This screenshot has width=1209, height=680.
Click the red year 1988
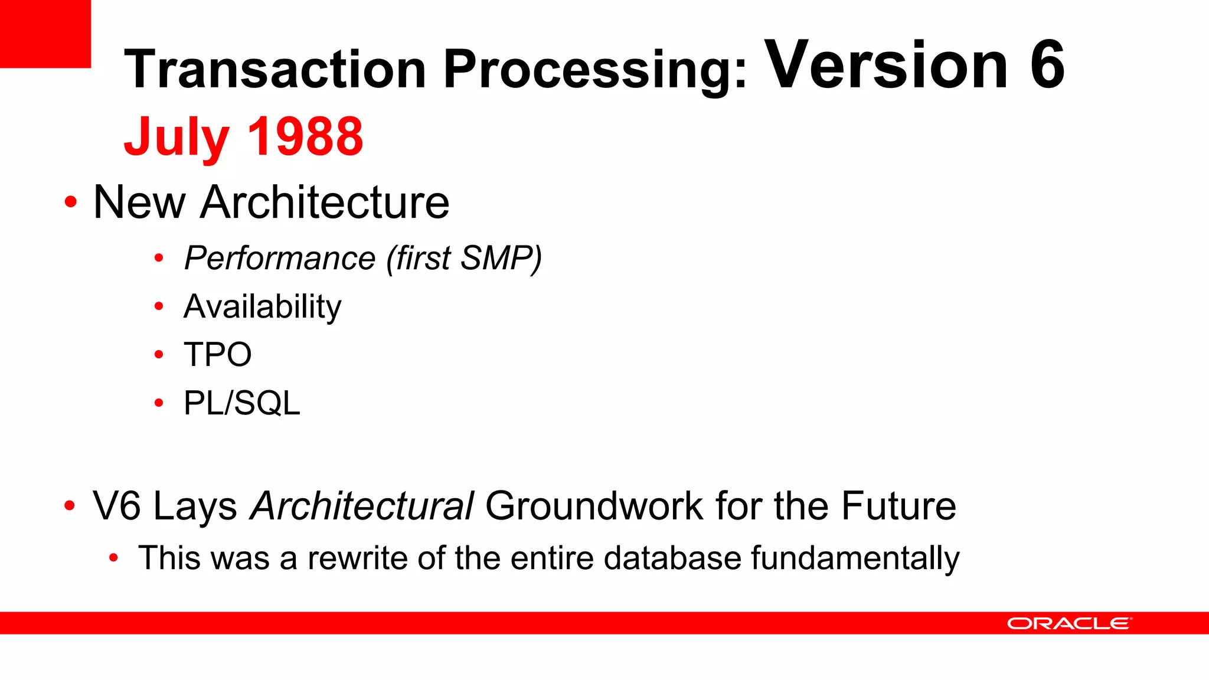coord(305,137)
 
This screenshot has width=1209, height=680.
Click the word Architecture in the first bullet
coord(325,202)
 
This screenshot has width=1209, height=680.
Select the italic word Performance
coord(280,259)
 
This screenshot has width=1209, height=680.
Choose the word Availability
coord(263,307)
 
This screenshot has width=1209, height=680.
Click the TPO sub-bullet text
coord(218,355)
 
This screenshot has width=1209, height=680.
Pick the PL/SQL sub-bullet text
coord(242,403)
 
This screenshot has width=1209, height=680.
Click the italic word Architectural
coord(362,506)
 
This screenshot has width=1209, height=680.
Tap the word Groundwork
coord(594,506)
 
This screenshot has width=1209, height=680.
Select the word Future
coord(898,506)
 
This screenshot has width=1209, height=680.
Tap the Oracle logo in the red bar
coord(1069,623)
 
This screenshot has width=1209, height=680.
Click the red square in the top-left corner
coord(45,33)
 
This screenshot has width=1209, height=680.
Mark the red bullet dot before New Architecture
coord(71,202)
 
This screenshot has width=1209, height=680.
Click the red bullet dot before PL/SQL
coord(158,403)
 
